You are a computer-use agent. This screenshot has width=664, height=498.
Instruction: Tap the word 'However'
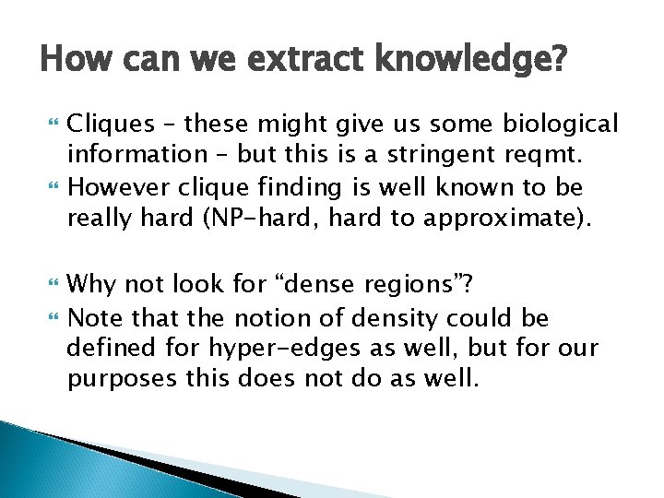(113, 189)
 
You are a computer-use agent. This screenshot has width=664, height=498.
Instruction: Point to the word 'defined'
(108, 350)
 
